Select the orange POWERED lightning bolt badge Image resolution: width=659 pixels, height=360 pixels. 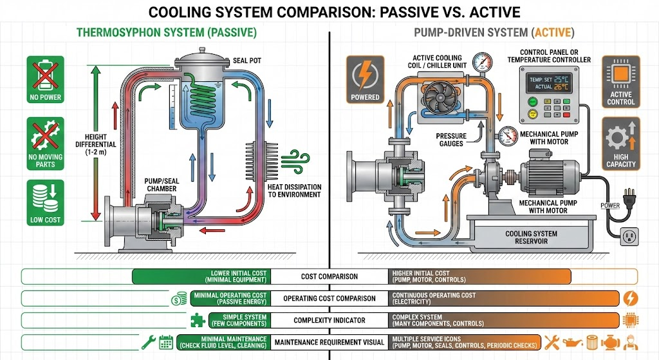click(365, 75)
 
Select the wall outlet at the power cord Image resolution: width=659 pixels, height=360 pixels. click(631, 236)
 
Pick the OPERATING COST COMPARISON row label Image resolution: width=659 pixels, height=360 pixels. click(329, 298)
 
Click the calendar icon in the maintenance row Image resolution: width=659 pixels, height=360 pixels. click(166, 341)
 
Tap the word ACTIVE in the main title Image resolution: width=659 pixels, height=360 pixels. click(490, 12)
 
